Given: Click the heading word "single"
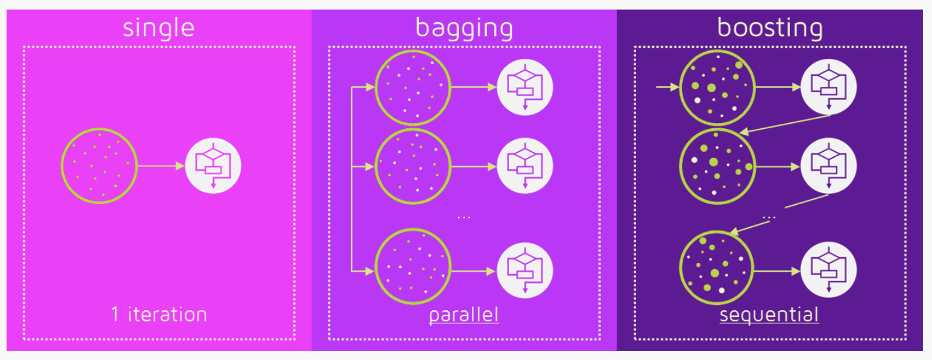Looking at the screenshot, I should coord(158,28).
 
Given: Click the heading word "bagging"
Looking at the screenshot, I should coord(464,28).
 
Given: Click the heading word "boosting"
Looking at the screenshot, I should coord(770,28).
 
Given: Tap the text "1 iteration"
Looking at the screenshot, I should coord(159,314).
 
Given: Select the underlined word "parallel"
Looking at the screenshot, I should coord(464,315).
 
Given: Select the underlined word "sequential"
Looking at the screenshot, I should coord(769,315).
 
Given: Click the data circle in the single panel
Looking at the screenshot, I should coord(99,166).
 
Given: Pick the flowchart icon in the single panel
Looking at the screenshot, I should coord(213,166).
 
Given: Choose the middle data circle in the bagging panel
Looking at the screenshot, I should coord(412,166).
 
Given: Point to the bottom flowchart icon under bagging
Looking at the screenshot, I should coord(525,270).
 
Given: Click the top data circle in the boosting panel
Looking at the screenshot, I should coord(717,87).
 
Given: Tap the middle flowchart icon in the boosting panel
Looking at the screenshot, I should coord(829,166).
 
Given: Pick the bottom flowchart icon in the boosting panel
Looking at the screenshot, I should coord(829,270).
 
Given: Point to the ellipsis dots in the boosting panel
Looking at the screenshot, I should coord(770,216).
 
